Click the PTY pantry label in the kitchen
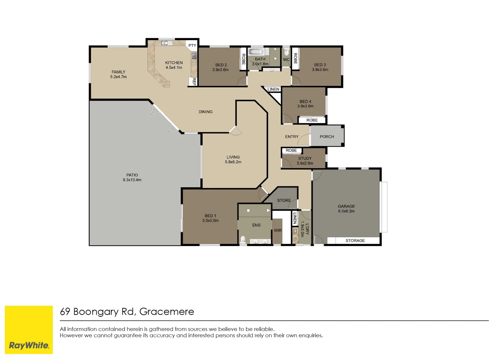[192, 46]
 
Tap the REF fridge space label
[194, 81]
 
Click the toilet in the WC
[286, 52]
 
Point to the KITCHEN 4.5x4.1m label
[174, 65]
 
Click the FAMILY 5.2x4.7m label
[119, 74]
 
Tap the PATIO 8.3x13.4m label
[132, 177]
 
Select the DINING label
[206, 112]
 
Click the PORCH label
[327, 137]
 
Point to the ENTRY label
[292, 137]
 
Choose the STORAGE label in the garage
[355, 241]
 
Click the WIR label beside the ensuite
[278, 231]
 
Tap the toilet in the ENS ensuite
[243, 240]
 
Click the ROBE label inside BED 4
[312, 120]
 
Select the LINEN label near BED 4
[273, 89]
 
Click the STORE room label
[284, 201]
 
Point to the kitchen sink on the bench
[165, 43]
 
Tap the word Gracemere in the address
[167, 312]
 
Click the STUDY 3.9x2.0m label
[305, 161]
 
